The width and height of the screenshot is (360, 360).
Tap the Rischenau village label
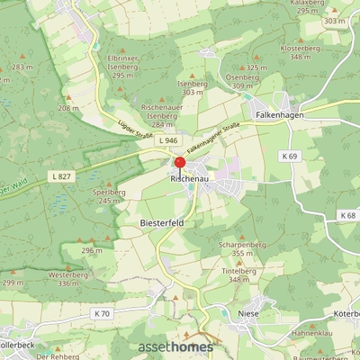pos(189,179)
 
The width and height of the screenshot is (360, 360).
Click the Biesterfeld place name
pos(161,220)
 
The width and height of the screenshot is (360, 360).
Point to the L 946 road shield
pos(167,141)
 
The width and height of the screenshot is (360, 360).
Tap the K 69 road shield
pos(288,157)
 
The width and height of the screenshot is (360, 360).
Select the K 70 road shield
pos(102,313)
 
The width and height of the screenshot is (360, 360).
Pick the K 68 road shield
pos(347,216)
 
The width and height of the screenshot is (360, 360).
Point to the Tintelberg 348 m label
pos(238,274)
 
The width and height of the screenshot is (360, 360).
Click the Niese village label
pos(248,314)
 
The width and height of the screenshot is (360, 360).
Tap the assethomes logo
pos(175,346)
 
